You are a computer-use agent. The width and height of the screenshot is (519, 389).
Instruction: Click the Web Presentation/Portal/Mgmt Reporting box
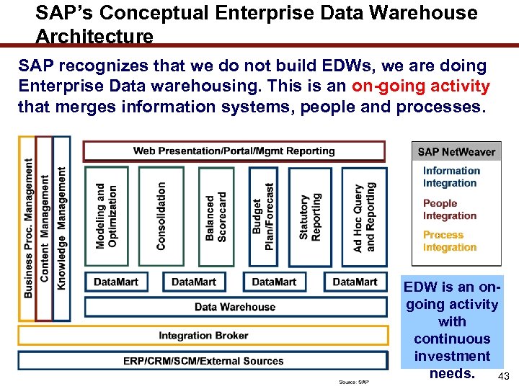[x=234, y=151]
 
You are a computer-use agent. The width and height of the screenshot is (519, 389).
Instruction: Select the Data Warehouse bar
[x=235, y=307]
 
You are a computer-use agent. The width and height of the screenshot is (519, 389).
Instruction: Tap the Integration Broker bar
[x=203, y=336]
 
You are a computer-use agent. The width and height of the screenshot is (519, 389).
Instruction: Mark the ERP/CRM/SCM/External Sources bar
[x=203, y=361]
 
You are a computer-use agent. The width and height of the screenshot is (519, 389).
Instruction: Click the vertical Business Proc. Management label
[x=28, y=229]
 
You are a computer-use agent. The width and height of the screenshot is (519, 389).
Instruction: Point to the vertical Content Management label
[x=45, y=229]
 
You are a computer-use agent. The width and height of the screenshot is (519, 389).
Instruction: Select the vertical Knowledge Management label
[x=62, y=229]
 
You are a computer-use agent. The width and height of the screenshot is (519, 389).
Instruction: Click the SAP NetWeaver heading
[x=456, y=152]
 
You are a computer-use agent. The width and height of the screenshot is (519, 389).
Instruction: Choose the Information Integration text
[x=451, y=177]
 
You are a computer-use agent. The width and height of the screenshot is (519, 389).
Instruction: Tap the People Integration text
[x=450, y=210]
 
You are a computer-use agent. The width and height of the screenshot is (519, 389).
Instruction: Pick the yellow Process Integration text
[x=450, y=241]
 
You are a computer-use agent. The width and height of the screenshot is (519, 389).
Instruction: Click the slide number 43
[x=503, y=377]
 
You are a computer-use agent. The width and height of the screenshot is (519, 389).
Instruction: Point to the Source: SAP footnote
[x=354, y=382]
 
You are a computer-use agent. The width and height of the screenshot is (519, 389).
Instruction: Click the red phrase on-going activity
[x=421, y=87]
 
